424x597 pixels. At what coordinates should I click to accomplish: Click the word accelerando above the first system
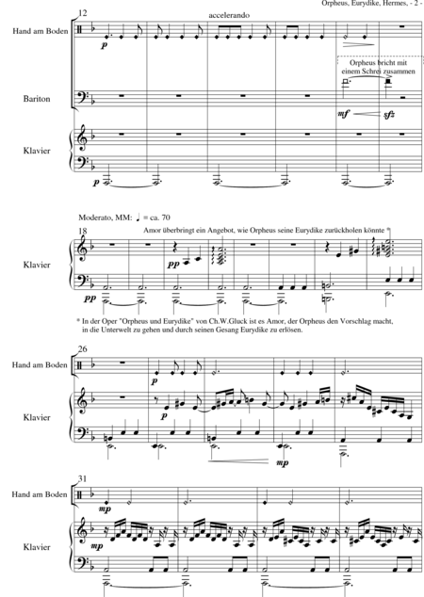(x=229, y=16)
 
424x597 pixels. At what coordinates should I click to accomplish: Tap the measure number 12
(x=82, y=13)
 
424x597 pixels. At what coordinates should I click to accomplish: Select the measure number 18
(x=82, y=231)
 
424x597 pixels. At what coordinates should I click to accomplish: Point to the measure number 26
(x=82, y=348)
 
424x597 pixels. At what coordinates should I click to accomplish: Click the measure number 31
(x=82, y=478)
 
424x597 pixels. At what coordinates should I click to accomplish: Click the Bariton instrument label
(x=37, y=99)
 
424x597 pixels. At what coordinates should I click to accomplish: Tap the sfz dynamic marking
(x=388, y=115)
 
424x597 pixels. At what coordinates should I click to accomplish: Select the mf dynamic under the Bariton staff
(x=343, y=114)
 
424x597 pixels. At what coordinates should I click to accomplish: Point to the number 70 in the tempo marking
(x=166, y=218)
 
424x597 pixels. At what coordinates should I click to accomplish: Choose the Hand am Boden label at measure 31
(x=40, y=494)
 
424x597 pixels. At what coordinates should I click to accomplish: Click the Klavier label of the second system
(x=37, y=265)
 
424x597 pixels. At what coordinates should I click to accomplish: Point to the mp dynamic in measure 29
(x=283, y=463)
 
